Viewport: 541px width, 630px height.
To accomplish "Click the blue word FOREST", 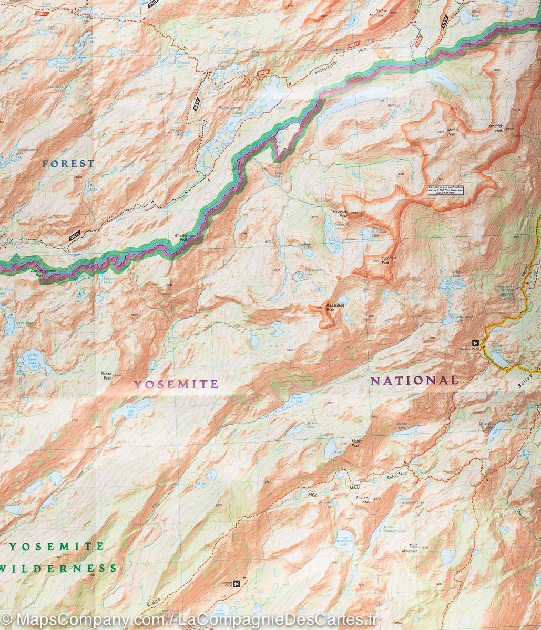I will coord(68,164).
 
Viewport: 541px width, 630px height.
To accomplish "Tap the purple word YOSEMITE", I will coord(176,384).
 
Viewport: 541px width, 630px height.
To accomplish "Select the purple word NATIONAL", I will coord(414,381).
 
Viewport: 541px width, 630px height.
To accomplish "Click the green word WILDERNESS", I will coord(58,568).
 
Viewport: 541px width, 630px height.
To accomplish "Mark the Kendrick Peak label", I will coord(495,128).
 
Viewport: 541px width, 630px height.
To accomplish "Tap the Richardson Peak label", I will coord(335,308).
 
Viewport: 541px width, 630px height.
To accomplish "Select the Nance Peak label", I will coord(107,376).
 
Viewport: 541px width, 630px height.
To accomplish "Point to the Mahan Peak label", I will coord(356,444).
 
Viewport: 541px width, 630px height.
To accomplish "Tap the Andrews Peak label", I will coord(362,499).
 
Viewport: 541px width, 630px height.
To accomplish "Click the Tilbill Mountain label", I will coord(410,549).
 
